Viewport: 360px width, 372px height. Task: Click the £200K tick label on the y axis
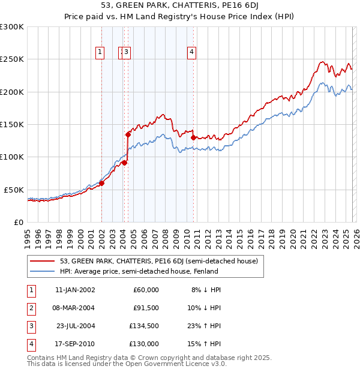(x=11, y=92)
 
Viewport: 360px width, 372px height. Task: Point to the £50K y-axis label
(x=13, y=190)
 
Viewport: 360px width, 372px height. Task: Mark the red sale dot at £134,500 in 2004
(x=128, y=135)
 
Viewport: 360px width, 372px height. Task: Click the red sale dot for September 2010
(x=193, y=137)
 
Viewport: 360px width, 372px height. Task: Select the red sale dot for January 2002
(x=101, y=183)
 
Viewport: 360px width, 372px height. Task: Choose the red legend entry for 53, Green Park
(x=158, y=261)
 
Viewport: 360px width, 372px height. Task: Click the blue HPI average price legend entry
(x=139, y=271)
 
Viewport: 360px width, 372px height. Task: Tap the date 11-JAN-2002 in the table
(x=74, y=290)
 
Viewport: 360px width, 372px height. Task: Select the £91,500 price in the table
(x=145, y=308)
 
